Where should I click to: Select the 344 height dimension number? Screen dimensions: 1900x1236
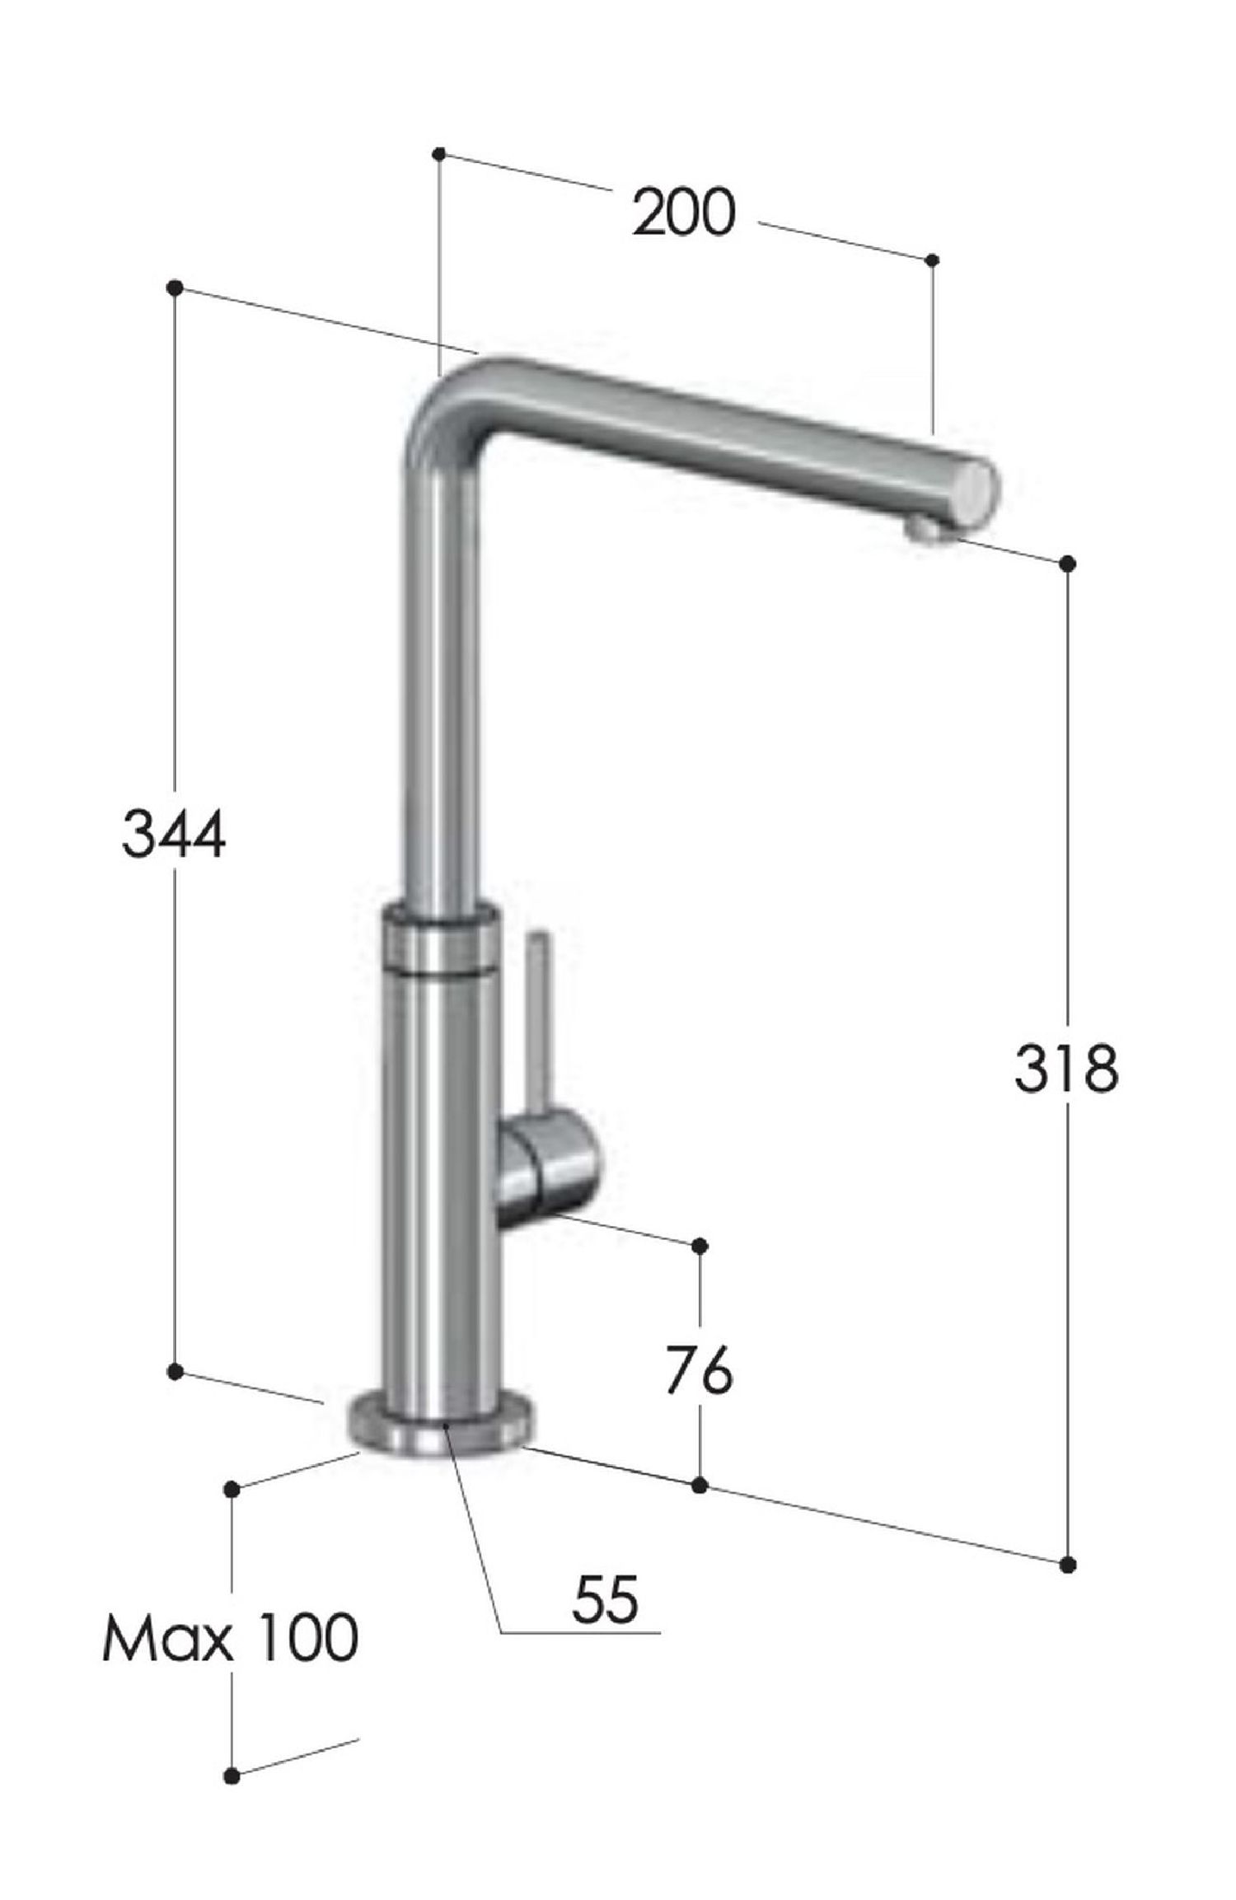click(173, 834)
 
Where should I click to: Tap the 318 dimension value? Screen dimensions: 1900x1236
click(1065, 1069)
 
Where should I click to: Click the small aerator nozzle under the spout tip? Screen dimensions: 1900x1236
click(929, 534)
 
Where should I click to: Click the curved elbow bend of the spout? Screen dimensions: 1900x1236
click(461, 395)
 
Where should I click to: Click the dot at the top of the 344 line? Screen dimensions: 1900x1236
click(174, 287)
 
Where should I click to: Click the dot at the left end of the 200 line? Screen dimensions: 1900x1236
click(439, 153)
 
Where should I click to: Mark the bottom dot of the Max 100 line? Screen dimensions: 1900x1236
click(232, 1862)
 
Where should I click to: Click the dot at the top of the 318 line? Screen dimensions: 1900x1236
click(1067, 563)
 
